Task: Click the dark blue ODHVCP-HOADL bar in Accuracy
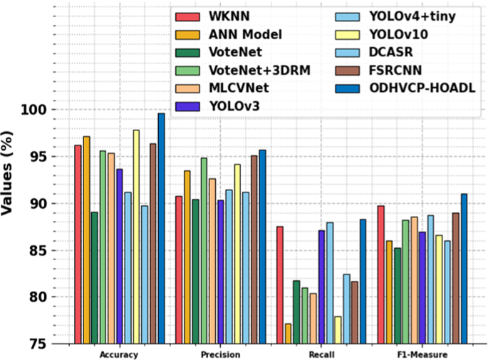tap(161, 228)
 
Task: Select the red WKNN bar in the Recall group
tap(280, 285)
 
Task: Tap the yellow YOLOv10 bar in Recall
tap(338, 330)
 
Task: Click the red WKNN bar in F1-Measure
tap(380, 274)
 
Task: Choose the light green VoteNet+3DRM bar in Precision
tap(204, 250)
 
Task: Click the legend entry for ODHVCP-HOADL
tap(421, 88)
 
